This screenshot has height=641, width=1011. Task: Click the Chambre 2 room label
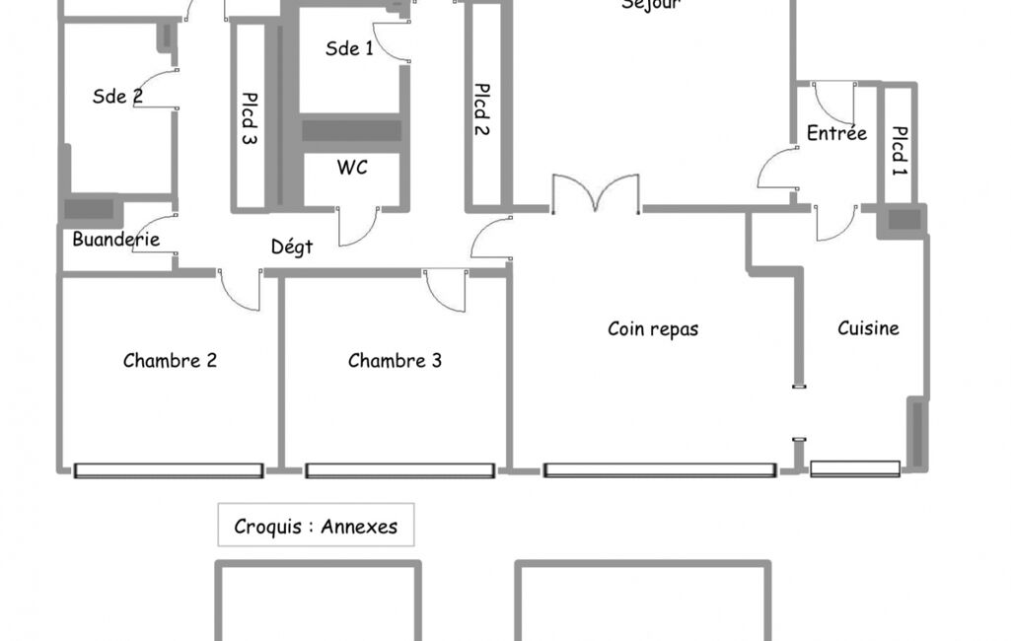(x=170, y=361)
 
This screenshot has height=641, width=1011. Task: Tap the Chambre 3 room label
(x=395, y=361)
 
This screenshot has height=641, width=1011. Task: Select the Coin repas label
(x=653, y=329)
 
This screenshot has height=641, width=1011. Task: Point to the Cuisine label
(x=868, y=328)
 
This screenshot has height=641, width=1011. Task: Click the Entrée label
(x=836, y=133)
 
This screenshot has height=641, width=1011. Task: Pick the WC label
(x=352, y=168)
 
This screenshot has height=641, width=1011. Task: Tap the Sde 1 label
(x=349, y=48)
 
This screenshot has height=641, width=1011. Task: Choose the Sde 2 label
(x=117, y=97)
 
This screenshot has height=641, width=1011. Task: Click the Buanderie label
(x=115, y=240)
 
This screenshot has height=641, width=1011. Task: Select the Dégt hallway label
(x=292, y=248)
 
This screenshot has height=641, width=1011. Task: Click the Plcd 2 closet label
(x=482, y=108)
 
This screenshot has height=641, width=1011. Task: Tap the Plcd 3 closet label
(x=250, y=118)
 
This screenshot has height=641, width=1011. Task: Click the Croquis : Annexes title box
(x=316, y=526)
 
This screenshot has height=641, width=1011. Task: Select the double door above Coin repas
(x=595, y=194)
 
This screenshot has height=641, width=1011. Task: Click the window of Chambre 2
(x=169, y=471)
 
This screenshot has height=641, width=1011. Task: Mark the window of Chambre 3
(x=399, y=471)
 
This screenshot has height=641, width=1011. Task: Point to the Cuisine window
(x=855, y=469)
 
